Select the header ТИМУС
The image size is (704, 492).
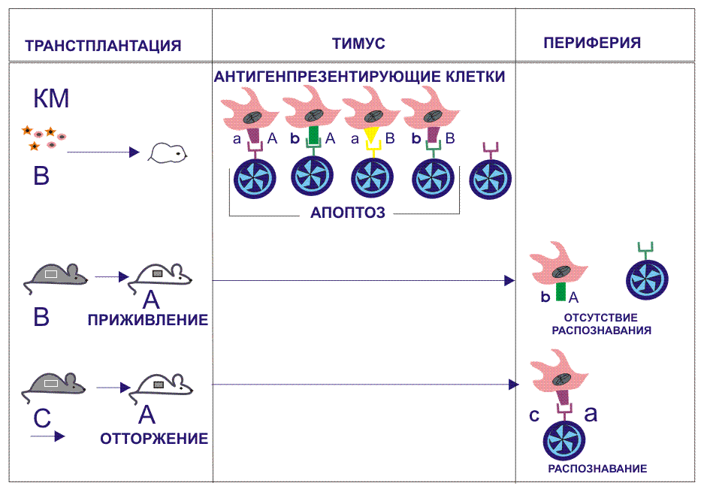[x=358, y=44]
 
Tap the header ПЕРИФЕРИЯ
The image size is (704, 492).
[x=592, y=43]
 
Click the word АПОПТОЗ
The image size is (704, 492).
[x=347, y=213]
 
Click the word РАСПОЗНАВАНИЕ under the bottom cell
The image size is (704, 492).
[x=597, y=469]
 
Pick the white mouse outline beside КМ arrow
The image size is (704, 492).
[x=168, y=153]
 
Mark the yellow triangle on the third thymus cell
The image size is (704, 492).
[x=370, y=134]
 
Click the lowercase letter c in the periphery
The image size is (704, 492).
[x=535, y=414]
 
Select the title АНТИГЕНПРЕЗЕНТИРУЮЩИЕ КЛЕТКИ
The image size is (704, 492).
[x=359, y=77]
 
